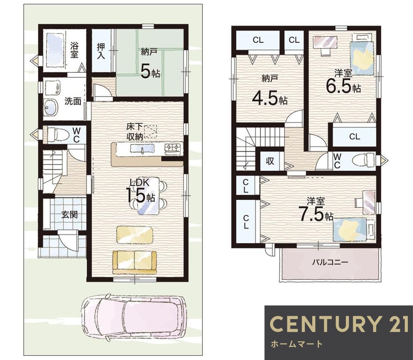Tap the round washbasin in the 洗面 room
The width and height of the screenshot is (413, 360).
click(51, 107)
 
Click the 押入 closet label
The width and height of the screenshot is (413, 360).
click(101, 50)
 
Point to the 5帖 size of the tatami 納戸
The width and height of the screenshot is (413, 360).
click(150, 72)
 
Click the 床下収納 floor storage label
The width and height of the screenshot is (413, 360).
click(135, 131)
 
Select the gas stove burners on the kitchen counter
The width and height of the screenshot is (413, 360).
click(173, 148)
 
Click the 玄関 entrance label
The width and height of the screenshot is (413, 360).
click(69, 215)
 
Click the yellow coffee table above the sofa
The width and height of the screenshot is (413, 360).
click(134, 234)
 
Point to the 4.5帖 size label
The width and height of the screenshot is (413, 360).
click(270, 98)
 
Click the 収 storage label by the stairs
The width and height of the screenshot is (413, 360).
click(270, 161)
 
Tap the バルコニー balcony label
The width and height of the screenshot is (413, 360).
click(330, 262)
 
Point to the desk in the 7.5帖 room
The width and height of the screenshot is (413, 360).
click(368, 203)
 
